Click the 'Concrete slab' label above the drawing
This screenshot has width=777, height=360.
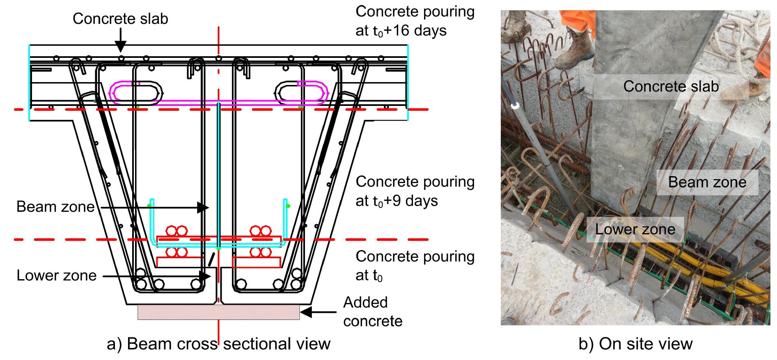120,18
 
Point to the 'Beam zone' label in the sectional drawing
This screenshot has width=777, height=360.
55,206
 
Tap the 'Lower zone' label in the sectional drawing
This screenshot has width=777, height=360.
56,275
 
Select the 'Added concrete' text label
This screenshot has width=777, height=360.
372,311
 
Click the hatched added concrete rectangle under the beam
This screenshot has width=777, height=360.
218,312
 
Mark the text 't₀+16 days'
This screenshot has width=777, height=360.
401,31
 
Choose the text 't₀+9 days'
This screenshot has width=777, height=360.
397,201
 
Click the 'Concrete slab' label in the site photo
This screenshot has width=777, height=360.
671,86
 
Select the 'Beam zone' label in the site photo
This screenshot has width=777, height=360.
707,182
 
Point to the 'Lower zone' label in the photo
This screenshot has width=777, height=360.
635,229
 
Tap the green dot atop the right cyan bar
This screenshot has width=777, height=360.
288,206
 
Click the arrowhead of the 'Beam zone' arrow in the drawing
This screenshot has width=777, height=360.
203,208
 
